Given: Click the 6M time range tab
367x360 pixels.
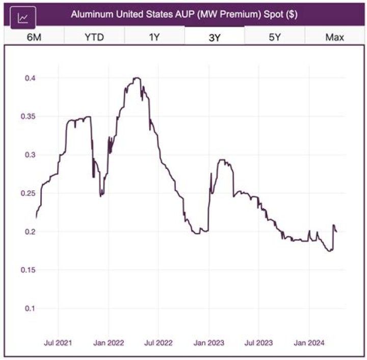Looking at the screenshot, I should tap(34, 37).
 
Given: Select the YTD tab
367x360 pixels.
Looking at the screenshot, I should tap(94, 37).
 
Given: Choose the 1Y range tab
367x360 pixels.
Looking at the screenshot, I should tap(154, 37).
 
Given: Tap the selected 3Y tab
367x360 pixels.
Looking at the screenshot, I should tap(215, 37).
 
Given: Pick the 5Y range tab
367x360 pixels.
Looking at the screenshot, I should tap(275, 37).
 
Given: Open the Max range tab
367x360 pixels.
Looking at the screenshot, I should tap(334, 37).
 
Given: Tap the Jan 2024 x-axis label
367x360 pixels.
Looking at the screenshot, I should tap(309, 343).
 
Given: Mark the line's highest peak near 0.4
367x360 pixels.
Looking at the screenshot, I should tap(137, 78).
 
